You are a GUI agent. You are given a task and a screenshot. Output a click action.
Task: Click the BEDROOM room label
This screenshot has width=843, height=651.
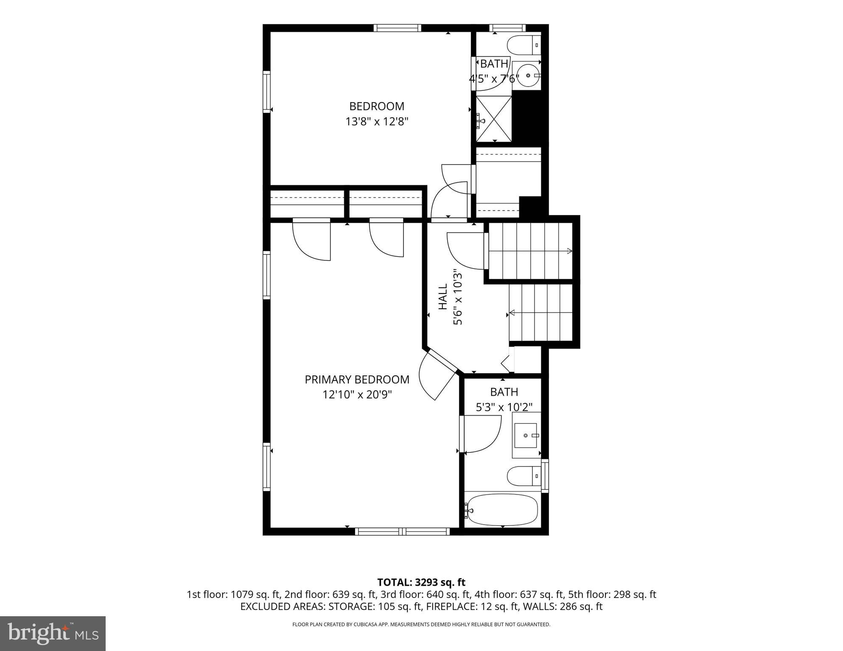tap(376, 106)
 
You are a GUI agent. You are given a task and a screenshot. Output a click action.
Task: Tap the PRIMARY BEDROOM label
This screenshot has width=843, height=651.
tap(357, 380)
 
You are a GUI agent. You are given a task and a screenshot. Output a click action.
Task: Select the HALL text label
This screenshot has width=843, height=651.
tap(443, 297)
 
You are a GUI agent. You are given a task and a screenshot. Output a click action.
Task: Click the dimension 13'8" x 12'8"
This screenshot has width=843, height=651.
tap(376, 122)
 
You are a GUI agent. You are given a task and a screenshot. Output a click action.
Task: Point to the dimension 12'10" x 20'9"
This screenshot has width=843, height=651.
tap(357, 395)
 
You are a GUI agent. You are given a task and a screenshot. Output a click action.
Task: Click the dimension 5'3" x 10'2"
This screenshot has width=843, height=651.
tap(504, 408)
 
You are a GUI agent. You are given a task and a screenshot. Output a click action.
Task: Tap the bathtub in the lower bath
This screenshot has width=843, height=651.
tap(503, 509)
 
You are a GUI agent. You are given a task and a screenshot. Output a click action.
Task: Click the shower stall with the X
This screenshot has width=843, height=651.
tap(494, 119)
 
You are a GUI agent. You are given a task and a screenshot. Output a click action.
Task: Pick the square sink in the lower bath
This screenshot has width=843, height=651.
tap(526, 436)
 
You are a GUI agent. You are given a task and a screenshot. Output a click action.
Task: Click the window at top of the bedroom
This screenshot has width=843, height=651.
tap(398, 28)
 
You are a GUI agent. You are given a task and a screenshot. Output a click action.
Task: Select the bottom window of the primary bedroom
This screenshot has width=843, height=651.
tap(402, 531)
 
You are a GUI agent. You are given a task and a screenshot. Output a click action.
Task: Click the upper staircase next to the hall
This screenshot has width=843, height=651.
tap(530, 251)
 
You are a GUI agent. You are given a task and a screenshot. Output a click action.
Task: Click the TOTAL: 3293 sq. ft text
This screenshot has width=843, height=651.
tap(421, 582)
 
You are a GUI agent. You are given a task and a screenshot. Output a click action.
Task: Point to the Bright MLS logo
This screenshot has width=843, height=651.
tap(53, 633)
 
